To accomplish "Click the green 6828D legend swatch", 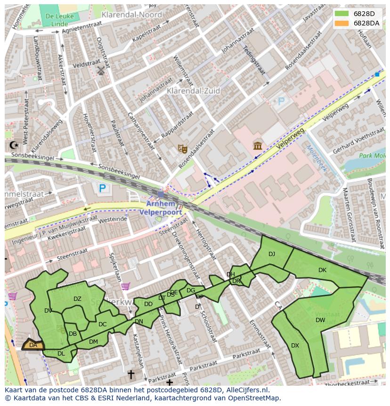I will click(341, 14).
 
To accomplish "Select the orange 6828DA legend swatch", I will click(341, 23).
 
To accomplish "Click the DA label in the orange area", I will click(33, 345).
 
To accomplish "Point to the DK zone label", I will click(322, 270).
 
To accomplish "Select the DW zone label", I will click(320, 320).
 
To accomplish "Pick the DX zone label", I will click(295, 346).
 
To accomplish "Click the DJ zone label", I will click(272, 254).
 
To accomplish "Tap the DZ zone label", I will click(77, 298).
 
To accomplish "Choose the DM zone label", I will click(93, 342).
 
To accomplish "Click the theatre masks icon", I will click(183, 149).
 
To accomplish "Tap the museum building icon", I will click(258, 146).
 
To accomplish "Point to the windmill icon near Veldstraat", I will click(100, 71).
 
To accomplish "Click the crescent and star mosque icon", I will click(14, 145).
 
